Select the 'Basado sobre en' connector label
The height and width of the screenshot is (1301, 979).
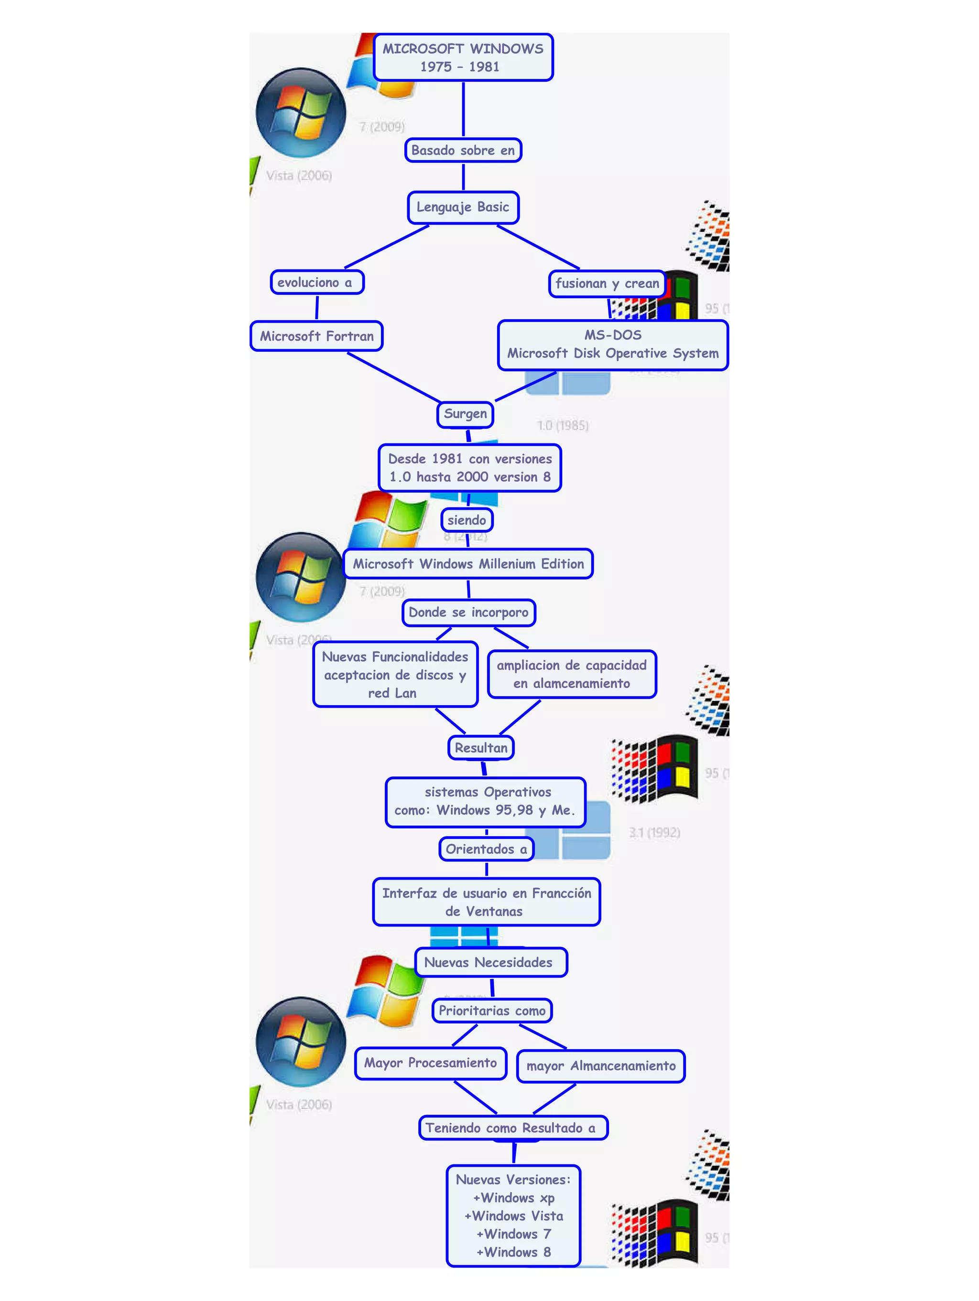coord(463,150)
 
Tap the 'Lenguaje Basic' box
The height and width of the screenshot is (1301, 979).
coord(463,207)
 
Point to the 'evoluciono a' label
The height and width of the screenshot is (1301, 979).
coord(316,282)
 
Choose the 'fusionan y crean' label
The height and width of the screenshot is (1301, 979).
coord(607,283)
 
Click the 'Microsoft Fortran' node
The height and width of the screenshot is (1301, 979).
coord(316,336)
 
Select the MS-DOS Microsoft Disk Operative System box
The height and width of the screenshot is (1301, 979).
coord(612,344)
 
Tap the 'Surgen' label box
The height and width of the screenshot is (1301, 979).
coord(465,414)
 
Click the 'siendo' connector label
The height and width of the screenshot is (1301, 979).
coord(467,520)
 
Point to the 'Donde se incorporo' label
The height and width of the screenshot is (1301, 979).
coord(468,612)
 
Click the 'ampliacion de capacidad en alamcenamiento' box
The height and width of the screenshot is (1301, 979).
coord(571,674)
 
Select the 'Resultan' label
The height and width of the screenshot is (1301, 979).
coord(481,748)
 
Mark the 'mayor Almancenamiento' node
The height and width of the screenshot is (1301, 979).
coord(601,1066)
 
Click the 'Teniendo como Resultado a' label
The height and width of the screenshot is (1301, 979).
coord(512,1128)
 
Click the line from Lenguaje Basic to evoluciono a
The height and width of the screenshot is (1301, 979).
coord(387,247)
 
